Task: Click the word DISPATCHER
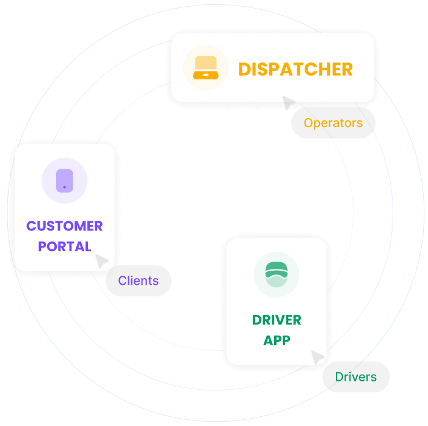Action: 296,69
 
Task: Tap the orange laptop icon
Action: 206,68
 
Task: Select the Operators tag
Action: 333,123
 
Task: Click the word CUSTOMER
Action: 65,226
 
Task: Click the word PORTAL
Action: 65,247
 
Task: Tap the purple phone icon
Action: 65,181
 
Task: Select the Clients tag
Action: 139,281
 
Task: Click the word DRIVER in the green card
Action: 277,320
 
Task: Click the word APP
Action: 277,340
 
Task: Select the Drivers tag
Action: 356,376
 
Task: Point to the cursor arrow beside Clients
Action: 101,260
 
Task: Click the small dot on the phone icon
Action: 65,186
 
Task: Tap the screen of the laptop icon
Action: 206,64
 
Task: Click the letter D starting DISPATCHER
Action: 244,69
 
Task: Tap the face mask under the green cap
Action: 277,282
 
